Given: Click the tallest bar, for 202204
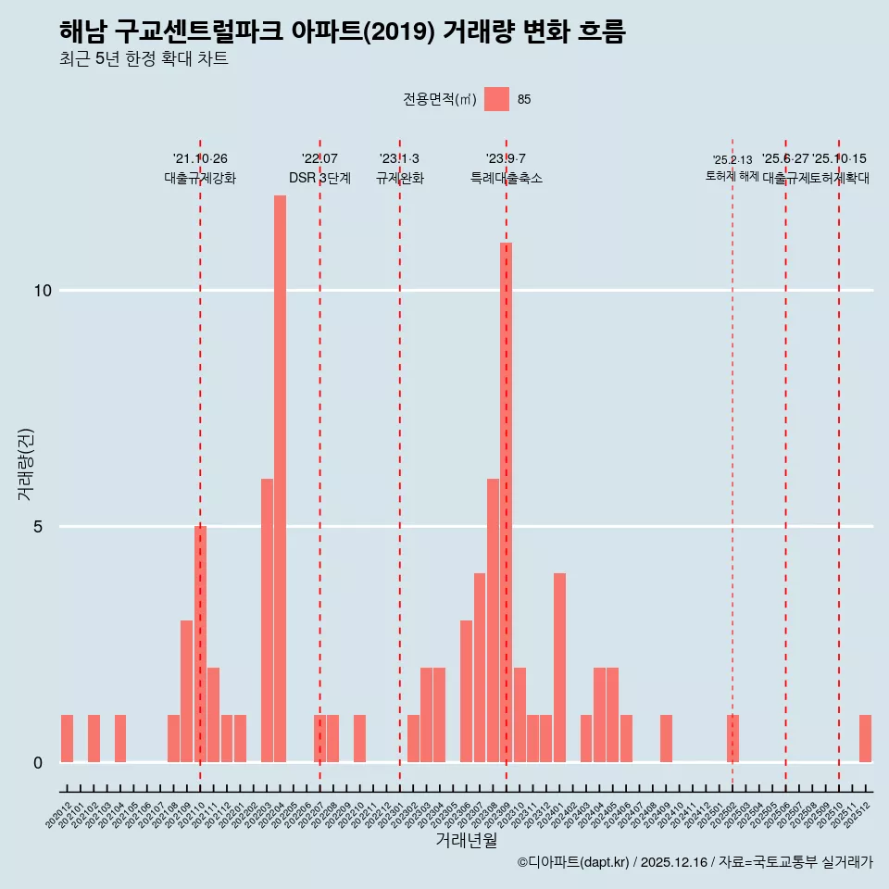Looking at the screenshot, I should [x=280, y=479].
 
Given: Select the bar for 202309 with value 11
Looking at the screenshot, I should [x=507, y=503].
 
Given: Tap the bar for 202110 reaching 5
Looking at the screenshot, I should [x=200, y=644].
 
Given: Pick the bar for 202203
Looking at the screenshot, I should [x=267, y=620].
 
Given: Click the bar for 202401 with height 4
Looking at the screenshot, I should [x=559, y=668].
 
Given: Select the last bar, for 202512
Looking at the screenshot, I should [x=865, y=739].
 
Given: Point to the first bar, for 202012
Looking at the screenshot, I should [x=67, y=739].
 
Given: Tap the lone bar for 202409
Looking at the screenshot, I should [x=666, y=739].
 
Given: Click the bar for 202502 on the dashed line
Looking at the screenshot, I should [x=732, y=739].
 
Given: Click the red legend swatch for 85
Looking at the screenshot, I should [x=497, y=99].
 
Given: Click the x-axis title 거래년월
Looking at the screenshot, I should [x=466, y=841].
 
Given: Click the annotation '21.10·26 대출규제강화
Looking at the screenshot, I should [x=200, y=169].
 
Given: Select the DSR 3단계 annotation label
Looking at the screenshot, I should [x=319, y=178].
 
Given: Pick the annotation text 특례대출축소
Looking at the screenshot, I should [x=506, y=178].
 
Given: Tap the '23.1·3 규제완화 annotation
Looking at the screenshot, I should [x=399, y=169].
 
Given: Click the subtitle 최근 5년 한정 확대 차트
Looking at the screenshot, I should [x=143, y=59].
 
